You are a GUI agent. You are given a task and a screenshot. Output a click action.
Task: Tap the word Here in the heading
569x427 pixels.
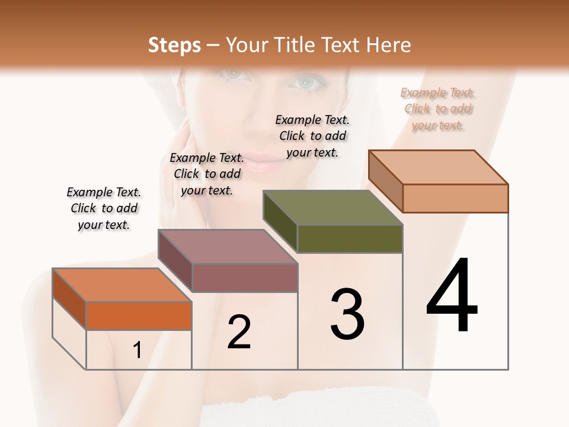pos(389,45)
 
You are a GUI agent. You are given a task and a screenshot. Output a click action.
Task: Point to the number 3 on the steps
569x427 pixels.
pos(347,314)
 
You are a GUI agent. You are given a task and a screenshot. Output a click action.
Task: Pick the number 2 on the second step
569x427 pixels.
pos(239,332)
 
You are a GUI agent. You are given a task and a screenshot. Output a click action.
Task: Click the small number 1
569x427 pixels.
pos(137,350)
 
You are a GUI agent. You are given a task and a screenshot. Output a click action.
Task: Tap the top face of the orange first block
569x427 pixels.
pos(122,285)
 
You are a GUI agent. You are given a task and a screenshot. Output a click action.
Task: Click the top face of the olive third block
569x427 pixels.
pos(333,208)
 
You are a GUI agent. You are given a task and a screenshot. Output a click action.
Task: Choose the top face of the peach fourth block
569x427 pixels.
pos(439,167)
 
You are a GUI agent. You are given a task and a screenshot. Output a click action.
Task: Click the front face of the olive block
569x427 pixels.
pos(350,239)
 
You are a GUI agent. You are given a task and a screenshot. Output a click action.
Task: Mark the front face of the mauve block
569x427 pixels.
pos(245,278)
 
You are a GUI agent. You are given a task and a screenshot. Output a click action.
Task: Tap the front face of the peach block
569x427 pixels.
pos(455,198)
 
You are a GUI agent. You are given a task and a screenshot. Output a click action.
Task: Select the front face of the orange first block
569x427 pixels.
pos(139,316)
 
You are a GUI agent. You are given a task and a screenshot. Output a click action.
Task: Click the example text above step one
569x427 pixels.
pos(104,208)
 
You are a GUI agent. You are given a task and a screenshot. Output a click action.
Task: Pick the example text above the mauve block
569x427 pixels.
pos(207,174)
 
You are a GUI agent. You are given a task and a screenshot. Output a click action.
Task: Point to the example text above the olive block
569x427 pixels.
pos(312,136)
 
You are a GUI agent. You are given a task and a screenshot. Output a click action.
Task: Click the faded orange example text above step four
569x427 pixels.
pos(438,109)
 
